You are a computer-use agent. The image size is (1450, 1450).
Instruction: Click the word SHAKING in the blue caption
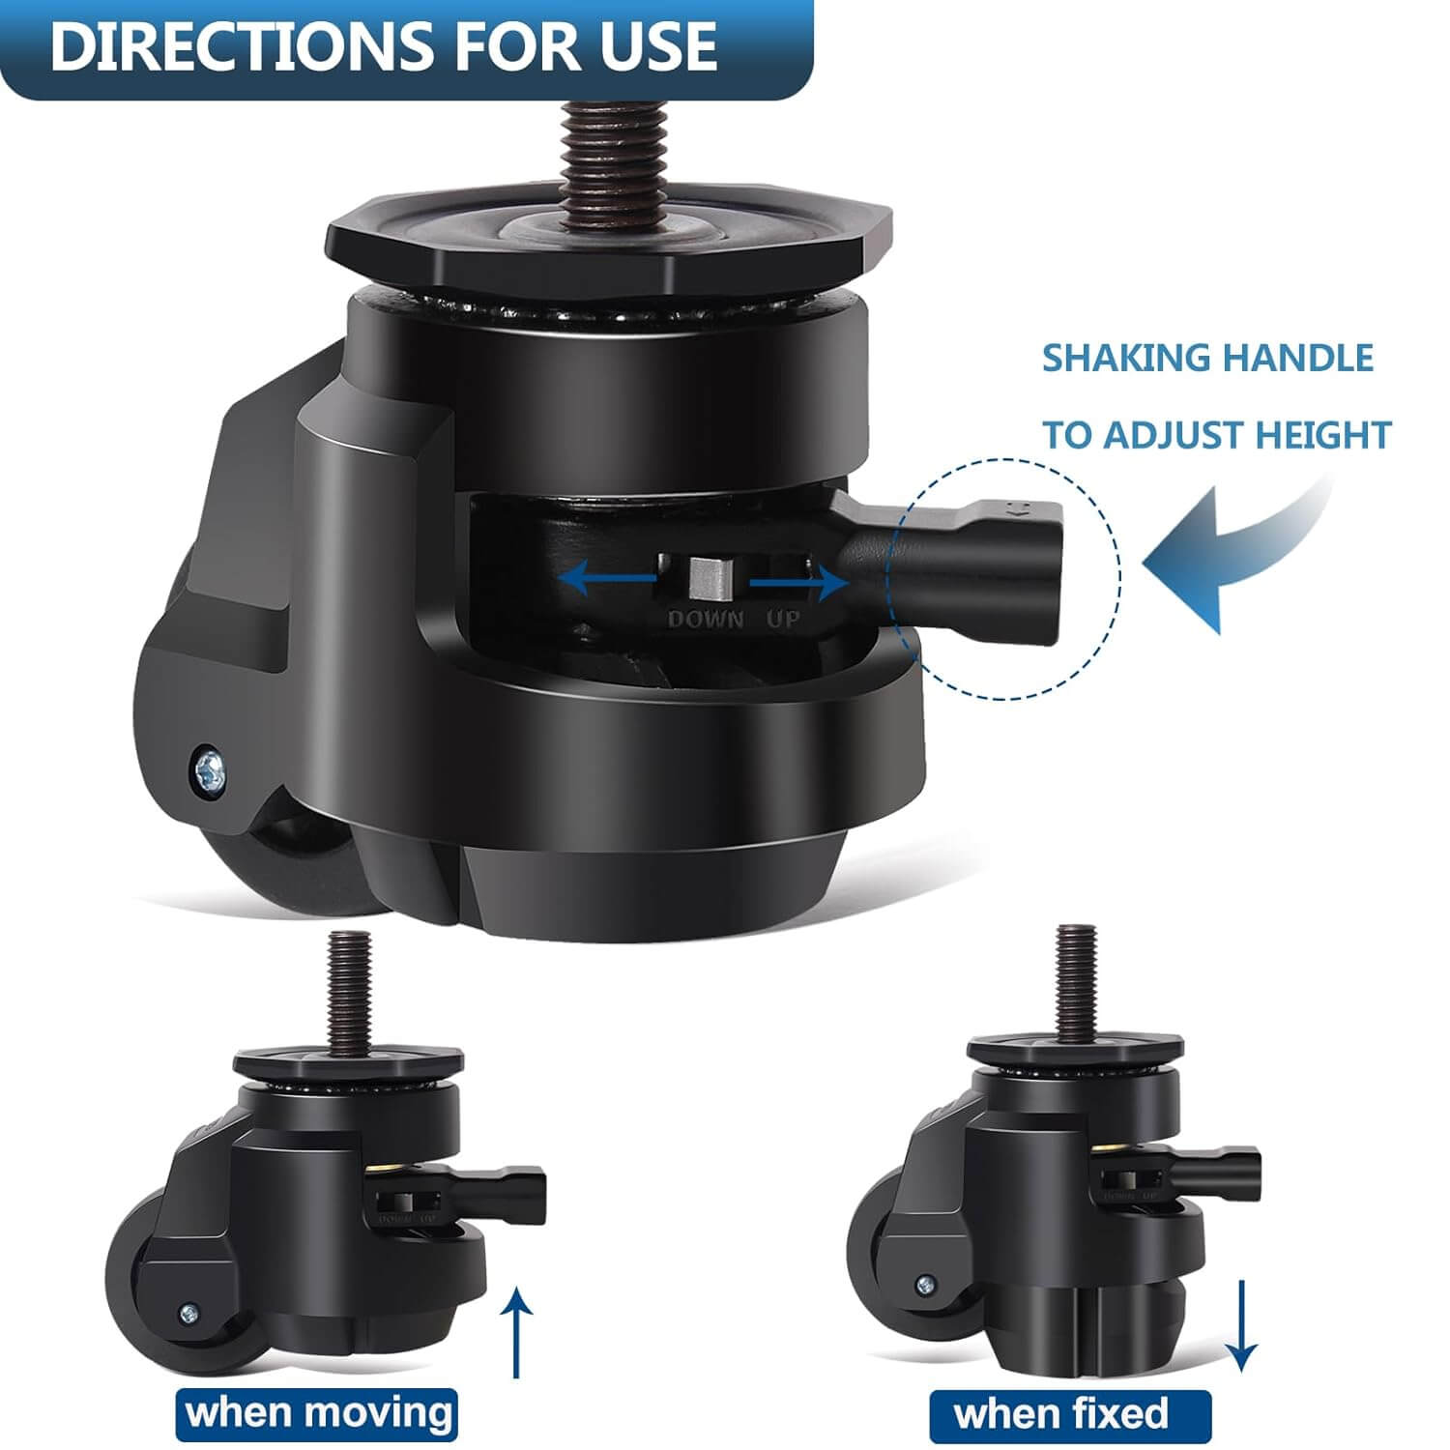(1124, 359)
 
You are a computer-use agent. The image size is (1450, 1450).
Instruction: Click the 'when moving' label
(319, 1412)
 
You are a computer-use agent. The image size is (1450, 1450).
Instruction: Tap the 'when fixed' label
(1060, 1414)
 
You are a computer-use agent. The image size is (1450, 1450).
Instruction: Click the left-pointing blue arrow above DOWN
(609, 579)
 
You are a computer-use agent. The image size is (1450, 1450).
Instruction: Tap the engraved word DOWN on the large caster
(706, 620)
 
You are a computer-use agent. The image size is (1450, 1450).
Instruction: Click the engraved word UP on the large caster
(783, 619)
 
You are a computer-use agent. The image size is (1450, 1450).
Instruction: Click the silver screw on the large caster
(209, 769)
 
